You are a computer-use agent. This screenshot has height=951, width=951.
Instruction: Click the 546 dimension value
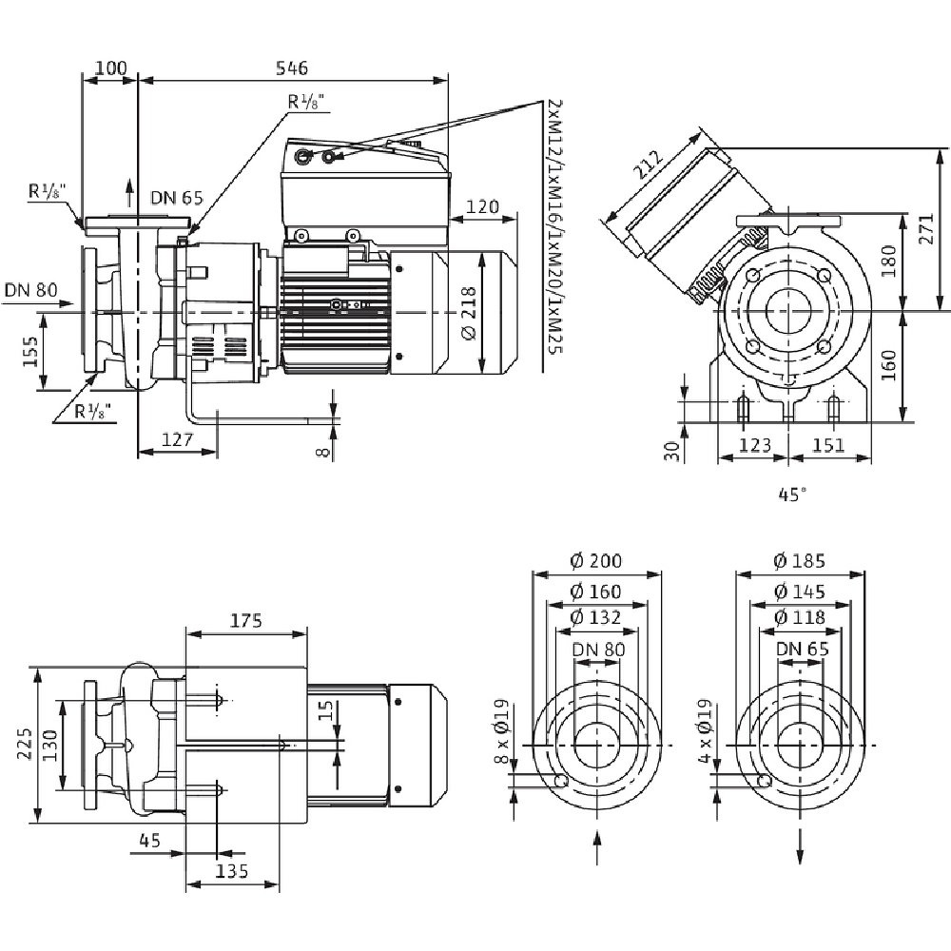[292, 68]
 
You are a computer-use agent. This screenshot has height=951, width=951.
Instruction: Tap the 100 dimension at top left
[111, 68]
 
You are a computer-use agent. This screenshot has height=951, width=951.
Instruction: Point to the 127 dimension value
[178, 439]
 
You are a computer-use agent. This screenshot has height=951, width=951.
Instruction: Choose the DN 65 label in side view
[177, 198]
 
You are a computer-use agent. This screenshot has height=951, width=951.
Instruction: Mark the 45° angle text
[791, 494]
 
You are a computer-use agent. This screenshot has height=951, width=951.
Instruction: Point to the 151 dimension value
[829, 445]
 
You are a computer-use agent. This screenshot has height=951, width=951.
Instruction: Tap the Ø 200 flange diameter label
[597, 562]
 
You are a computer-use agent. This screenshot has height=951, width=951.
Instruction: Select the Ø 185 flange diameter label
[800, 562]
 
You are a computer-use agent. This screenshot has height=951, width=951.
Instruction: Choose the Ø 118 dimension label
[800, 617]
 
